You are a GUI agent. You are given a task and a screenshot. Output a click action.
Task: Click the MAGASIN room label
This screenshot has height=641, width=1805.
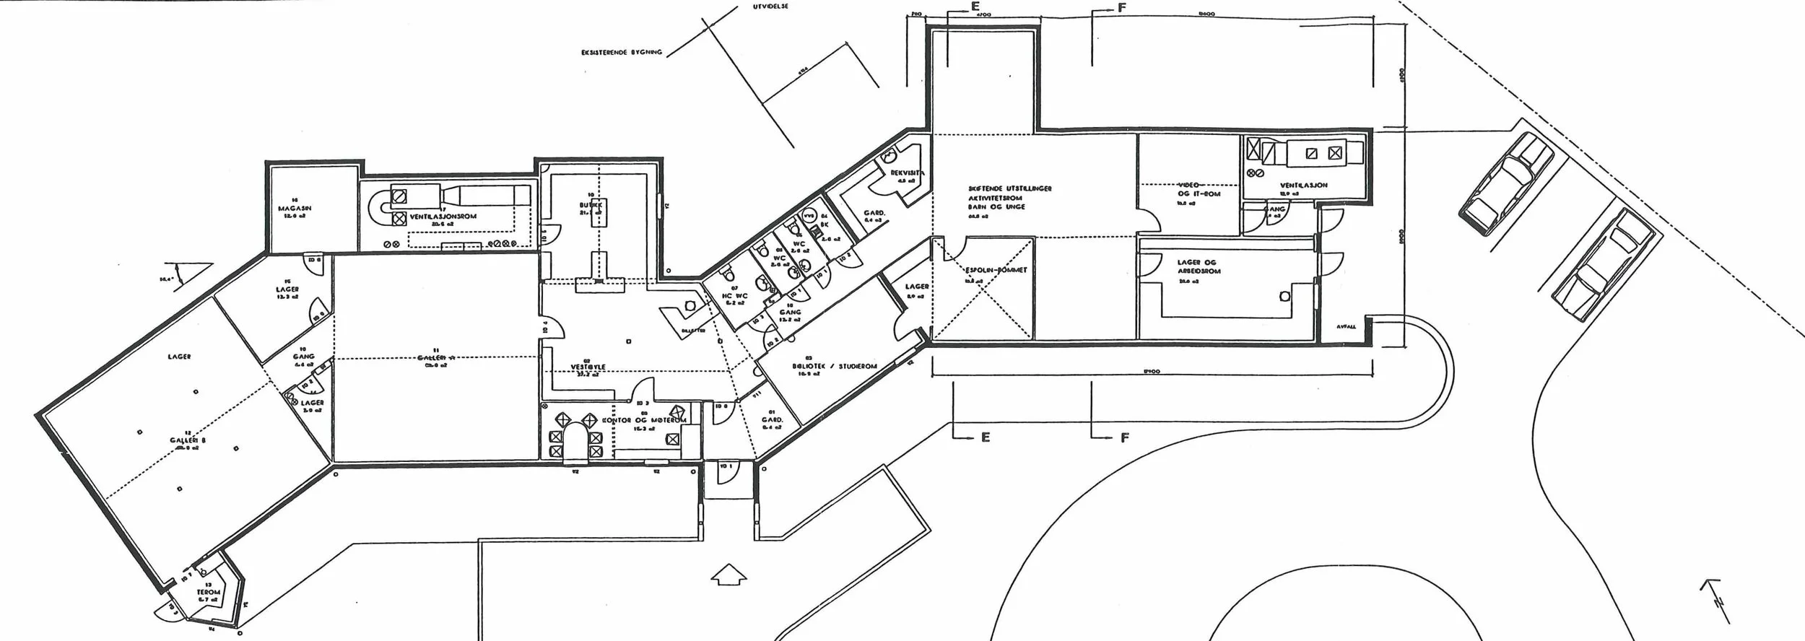click(294, 209)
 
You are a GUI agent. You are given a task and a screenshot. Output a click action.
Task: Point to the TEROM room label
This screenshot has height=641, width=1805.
click(209, 591)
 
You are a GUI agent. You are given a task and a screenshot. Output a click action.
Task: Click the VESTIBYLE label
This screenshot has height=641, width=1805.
click(588, 367)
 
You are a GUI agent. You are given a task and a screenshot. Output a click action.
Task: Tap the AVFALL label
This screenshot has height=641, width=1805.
click(1346, 326)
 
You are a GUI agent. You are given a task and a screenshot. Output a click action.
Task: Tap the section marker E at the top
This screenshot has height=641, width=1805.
click(975, 6)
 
